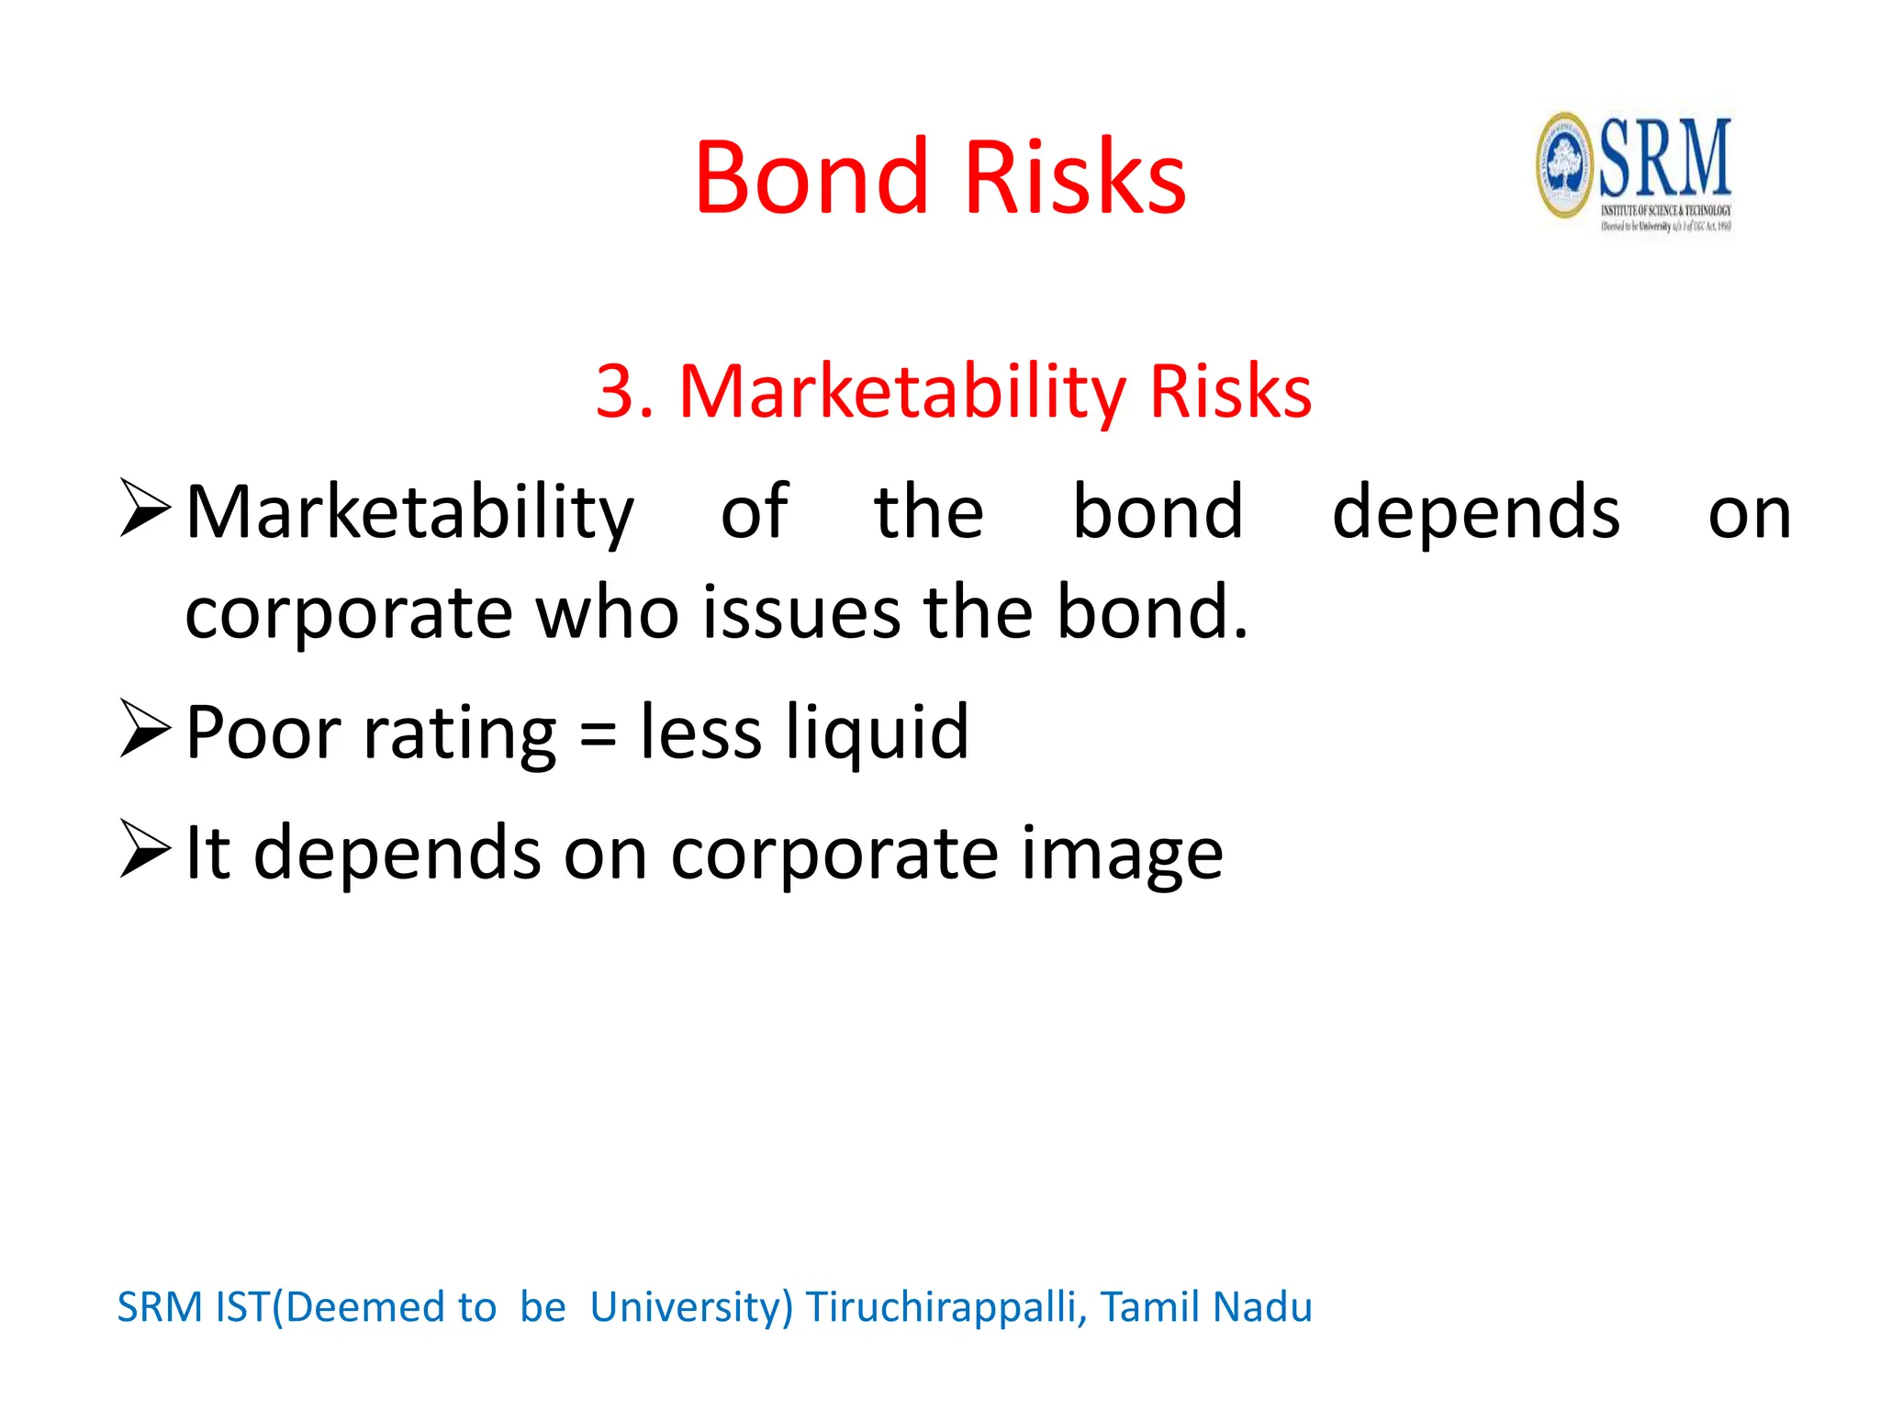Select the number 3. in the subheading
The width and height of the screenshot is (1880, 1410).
(x=624, y=392)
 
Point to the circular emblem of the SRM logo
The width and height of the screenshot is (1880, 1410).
(x=1565, y=166)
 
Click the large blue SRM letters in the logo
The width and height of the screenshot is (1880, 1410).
(x=1665, y=157)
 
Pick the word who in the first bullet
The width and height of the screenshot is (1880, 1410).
(x=607, y=612)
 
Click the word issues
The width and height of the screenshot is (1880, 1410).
(x=801, y=612)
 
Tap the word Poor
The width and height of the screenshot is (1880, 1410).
(x=263, y=733)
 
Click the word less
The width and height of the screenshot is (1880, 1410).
(x=700, y=733)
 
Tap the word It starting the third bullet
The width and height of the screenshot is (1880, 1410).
(x=207, y=853)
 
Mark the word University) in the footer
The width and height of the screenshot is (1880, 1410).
(x=690, y=1307)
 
